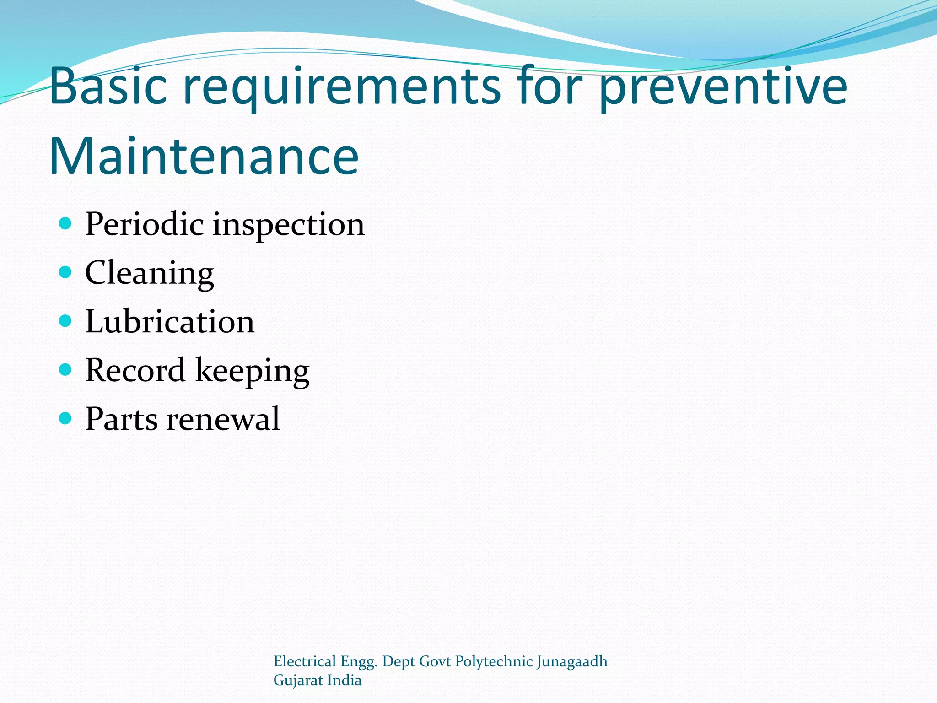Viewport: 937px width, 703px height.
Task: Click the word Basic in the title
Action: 108,86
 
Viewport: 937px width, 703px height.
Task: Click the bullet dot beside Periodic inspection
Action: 66,223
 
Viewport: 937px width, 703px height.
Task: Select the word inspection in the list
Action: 289,226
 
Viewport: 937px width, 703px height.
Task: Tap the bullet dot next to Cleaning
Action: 66,272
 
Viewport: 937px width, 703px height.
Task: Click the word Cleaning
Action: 149,274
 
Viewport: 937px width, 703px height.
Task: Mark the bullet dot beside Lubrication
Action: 66,321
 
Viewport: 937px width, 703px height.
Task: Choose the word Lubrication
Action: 170,321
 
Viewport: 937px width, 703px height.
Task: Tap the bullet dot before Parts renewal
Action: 66,418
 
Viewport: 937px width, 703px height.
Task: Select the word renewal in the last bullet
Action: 223,419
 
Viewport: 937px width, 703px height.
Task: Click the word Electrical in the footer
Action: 305,661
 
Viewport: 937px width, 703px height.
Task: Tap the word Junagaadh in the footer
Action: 571,662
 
